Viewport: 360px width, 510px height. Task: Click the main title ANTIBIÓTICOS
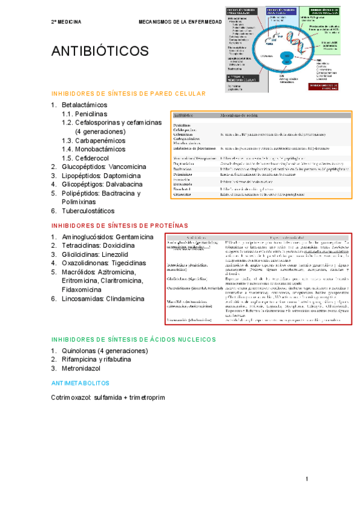click(101, 51)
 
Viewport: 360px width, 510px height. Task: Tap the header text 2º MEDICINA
click(66, 22)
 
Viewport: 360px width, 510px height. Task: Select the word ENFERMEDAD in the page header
click(203, 22)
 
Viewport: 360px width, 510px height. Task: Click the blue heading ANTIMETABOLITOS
click(81, 382)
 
